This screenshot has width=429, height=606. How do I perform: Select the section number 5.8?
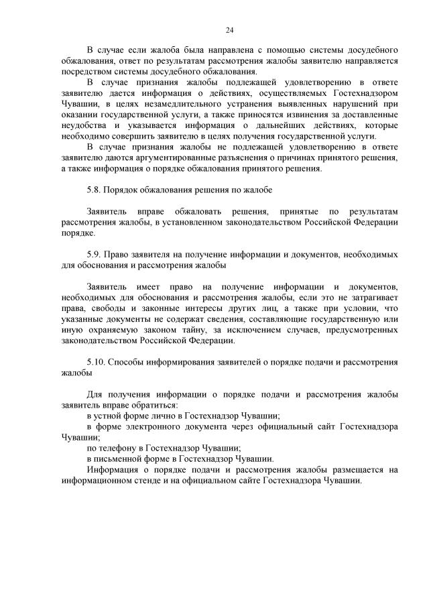pyautogui.click(x=95, y=190)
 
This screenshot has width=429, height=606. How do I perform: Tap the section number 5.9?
pyautogui.click(x=95, y=255)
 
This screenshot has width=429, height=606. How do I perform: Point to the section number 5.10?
pyautogui.click(x=97, y=362)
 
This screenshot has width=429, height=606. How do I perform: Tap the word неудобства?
pyautogui.click(x=84, y=125)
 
